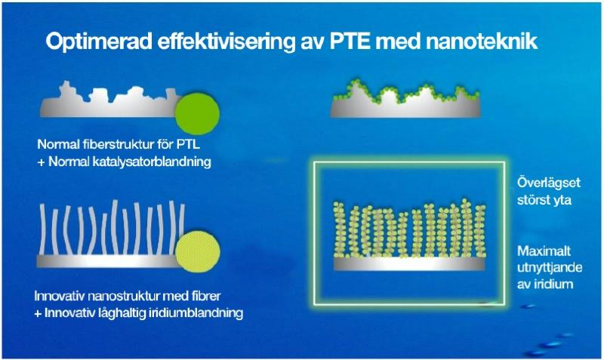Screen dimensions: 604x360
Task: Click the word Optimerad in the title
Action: (x=99, y=42)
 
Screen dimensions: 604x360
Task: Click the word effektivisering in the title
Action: (x=226, y=42)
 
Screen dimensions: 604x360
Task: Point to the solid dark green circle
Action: (x=197, y=114)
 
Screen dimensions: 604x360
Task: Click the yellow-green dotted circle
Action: (x=198, y=251)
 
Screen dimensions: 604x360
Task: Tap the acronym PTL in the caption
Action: (x=188, y=144)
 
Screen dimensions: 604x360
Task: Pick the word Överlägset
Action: (x=549, y=182)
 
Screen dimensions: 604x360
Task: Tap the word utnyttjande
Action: (x=550, y=268)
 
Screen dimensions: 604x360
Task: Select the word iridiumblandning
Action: (x=198, y=312)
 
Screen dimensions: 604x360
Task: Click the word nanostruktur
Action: (x=125, y=296)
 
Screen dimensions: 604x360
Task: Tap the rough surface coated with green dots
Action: (x=405, y=102)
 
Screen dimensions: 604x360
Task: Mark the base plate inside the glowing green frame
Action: (x=408, y=263)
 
